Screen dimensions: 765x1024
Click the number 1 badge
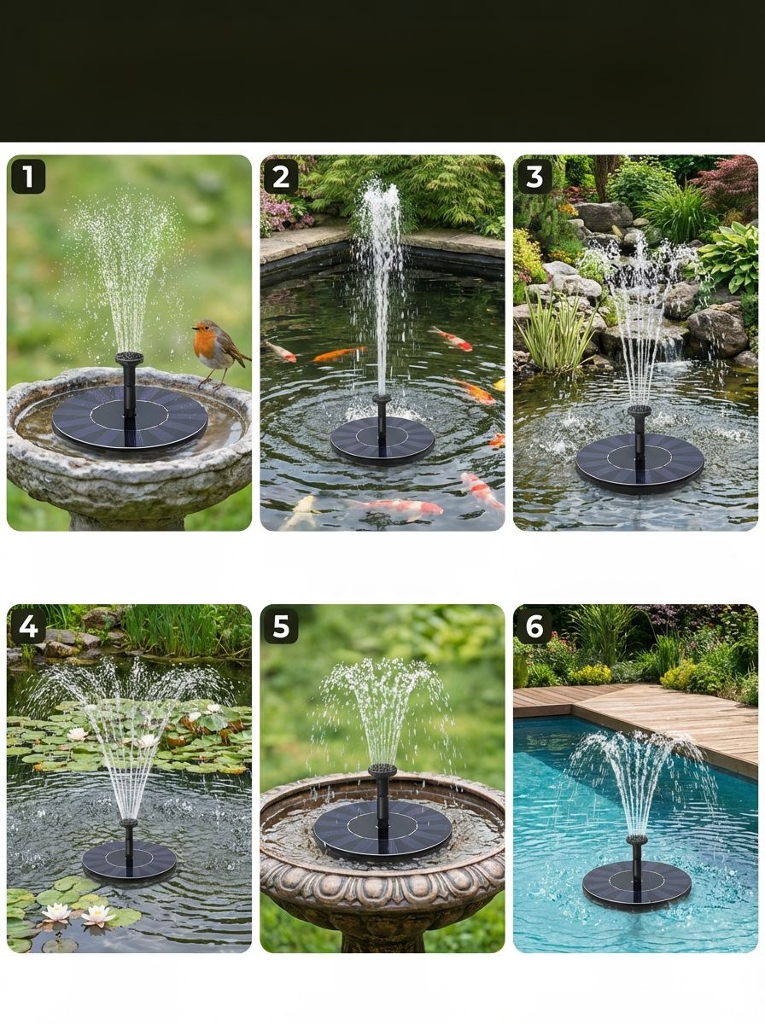pos(28,177)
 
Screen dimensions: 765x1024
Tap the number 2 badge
pos(281,177)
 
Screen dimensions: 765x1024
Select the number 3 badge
pos(534,177)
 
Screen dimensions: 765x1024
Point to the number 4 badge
pos(28,626)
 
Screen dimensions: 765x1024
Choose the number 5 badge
pos(281,626)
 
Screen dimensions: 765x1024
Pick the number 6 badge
pos(534,626)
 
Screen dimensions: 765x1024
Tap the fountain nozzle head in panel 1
pos(129,358)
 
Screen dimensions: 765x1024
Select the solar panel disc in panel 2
pos(382,439)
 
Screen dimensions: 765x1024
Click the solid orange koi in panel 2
pos(339,354)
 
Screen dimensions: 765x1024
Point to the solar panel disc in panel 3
pos(639,463)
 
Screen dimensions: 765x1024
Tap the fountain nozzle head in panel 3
pos(639,410)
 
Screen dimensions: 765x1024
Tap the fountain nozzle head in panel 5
pos(382,771)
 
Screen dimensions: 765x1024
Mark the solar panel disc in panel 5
pos(382,829)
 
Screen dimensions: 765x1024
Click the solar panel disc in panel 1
pos(129,417)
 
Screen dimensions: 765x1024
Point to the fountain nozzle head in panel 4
pos(129,823)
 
